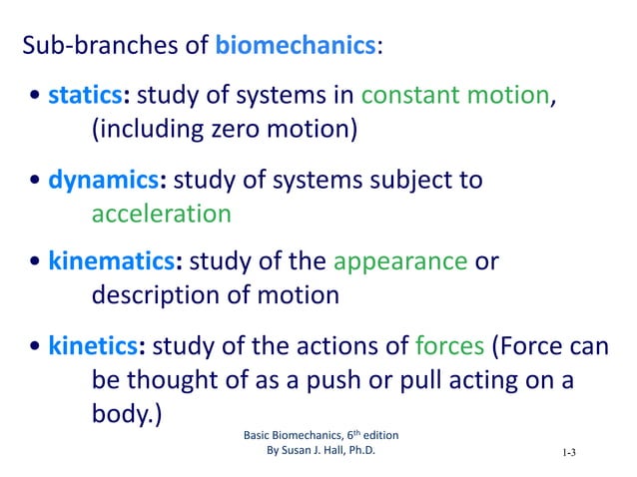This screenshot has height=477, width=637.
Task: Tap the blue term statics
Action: click(x=85, y=97)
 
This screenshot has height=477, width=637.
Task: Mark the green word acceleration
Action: click(x=161, y=214)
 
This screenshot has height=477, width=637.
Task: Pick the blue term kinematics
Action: click(x=113, y=262)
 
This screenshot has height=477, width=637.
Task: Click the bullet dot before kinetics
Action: click(x=36, y=348)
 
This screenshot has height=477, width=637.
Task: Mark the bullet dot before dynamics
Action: click(x=36, y=183)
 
